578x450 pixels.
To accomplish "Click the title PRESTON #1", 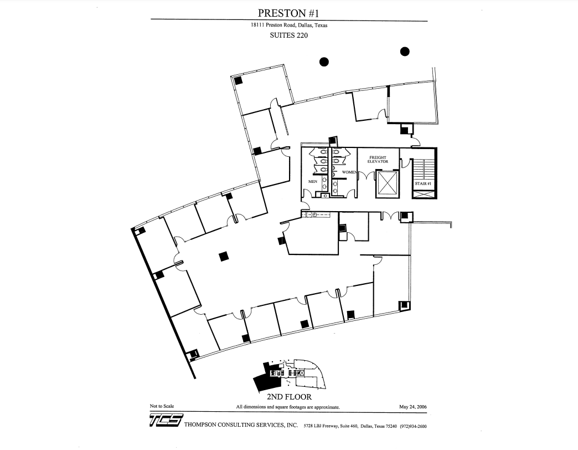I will pyautogui.click(x=288, y=13).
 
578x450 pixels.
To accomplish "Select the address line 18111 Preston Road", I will pyautogui.click(x=288, y=25).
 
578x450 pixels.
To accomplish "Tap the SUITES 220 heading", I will pyautogui.click(x=288, y=35).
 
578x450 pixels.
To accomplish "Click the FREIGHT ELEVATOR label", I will pyautogui.click(x=378, y=159).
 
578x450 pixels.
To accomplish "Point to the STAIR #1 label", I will pyautogui.click(x=423, y=183).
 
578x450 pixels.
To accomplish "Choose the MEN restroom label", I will pyautogui.click(x=312, y=181).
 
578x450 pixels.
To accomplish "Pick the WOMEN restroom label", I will pyautogui.click(x=349, y=172).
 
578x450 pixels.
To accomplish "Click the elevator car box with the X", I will pyautogui.click(x=386, y=183).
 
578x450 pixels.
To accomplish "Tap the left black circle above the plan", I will pyautogui.click(x=324, y=62).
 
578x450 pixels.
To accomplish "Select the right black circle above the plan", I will pyautogui.click(x=405, y=52).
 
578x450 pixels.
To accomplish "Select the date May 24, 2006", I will pyautogui.click(x=413, y=407).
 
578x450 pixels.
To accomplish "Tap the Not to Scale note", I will pyautogui.click(x=162, y=406).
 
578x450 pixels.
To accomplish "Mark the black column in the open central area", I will pyautogui.click(x=224, y=255).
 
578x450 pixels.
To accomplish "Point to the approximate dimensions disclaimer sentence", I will pyautogui.click(x=288, y=407).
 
